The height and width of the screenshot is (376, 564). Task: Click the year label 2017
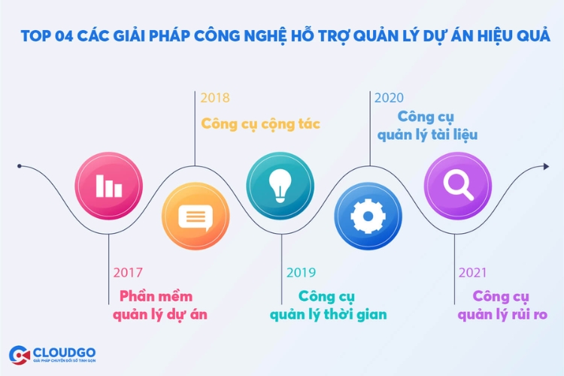pyautogui.click(x=128, y=273)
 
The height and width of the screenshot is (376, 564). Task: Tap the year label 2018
pyautogui.click(x=215, y=98)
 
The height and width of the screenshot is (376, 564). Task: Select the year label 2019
pyautogui.click(x=301, y=273)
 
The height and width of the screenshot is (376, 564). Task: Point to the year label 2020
pyautogui.click(x=390, y=98)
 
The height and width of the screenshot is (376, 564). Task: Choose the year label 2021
pyautogui.click(x=473, y=273)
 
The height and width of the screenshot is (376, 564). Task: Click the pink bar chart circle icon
pyautogui.click(x=108, y=186)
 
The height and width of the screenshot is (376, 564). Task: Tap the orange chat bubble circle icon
pyautogui.click(x=196, y=217)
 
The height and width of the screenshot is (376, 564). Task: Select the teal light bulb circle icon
pyautogui.click(x=280, y=186)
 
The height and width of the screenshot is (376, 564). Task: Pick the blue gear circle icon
pyautogui.click(x=368, y=217)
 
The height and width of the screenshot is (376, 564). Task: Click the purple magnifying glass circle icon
pyautogui.click(x=458, y=186)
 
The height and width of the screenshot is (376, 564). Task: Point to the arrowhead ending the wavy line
pyautogui.click(x=547, y=166)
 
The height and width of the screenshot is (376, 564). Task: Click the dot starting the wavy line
pyautogui.click(x=20, y=166)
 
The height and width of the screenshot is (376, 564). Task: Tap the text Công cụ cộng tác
pyautogui.click(x=260, y=124)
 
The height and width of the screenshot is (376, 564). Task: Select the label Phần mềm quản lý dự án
pyautogui.click(x=160, y=305)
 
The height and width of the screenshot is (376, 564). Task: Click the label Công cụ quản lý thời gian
pyautogui.click(x=329, y=305)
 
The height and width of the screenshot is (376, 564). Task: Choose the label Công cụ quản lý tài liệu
pyautogui.click(x=427, y=126)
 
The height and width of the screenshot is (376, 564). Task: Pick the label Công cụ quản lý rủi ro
pyautogui.click(x=502, y=305)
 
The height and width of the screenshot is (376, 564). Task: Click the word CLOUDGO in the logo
pyautogui.click(x=64, y=352)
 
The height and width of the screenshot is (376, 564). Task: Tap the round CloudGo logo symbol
pyautogui.click(x=20, y=355)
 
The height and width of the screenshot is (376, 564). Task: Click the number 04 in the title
pyautogui.click(x=64, y=36)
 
